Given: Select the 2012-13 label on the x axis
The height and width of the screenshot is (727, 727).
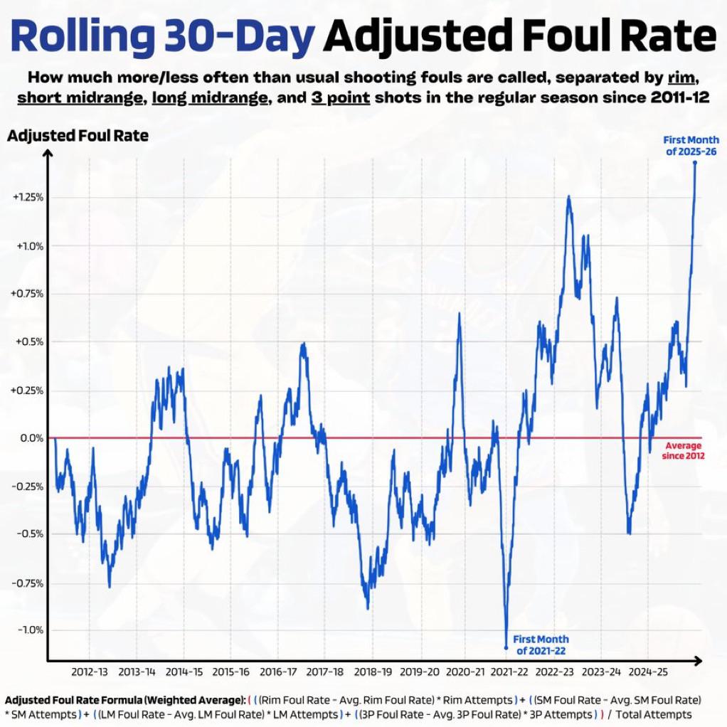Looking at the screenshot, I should point(90,672).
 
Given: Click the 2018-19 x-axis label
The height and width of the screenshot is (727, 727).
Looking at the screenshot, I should point(373,672).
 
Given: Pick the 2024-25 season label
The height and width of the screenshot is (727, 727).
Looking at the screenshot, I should point(648,672).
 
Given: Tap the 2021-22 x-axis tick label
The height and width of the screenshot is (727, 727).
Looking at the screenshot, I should point(510,672).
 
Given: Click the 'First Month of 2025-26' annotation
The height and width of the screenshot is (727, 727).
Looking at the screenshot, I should point(691,145).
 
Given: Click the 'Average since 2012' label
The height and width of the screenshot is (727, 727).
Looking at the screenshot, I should point(683,450).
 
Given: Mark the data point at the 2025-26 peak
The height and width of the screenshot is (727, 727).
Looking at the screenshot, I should point(695,162).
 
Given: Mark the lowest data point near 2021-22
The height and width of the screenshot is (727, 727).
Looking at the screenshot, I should point(506,648).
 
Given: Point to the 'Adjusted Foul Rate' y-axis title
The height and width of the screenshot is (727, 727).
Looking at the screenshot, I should point(78,135).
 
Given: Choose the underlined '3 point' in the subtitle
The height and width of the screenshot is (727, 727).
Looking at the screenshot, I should point(340,97).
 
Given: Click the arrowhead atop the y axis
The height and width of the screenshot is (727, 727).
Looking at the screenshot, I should point(48,156).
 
